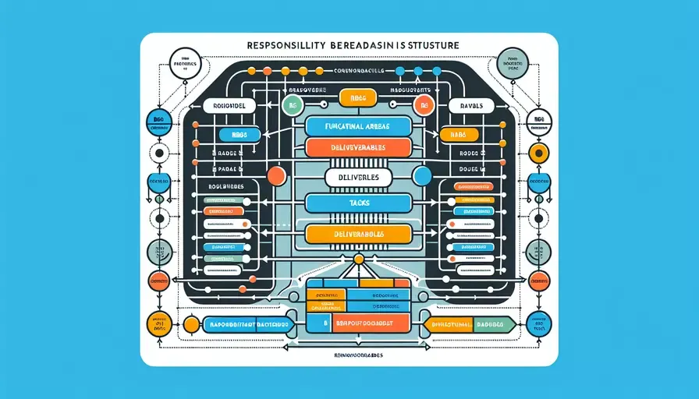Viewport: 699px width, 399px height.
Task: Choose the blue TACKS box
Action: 356,203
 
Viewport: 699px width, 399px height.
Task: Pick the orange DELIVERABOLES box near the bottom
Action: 356,232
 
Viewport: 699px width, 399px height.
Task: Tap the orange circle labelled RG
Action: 424,105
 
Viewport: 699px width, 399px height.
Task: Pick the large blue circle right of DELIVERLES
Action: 422,176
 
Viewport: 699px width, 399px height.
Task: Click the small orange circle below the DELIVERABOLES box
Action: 358,259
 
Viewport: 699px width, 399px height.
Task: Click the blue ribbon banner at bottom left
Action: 248,323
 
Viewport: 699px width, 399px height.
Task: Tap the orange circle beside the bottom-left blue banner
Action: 190,323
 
